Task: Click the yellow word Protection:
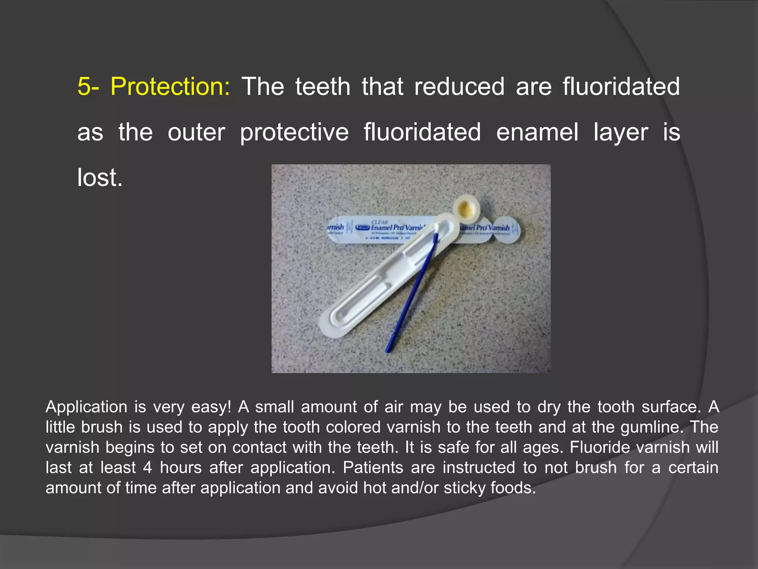170,87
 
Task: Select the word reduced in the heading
459,87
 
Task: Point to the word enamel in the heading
537,132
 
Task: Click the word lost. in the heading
100,178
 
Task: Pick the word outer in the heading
196,132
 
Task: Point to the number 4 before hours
147,467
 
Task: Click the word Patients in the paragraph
373,467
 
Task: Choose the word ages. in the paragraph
543,447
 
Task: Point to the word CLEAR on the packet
379,222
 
